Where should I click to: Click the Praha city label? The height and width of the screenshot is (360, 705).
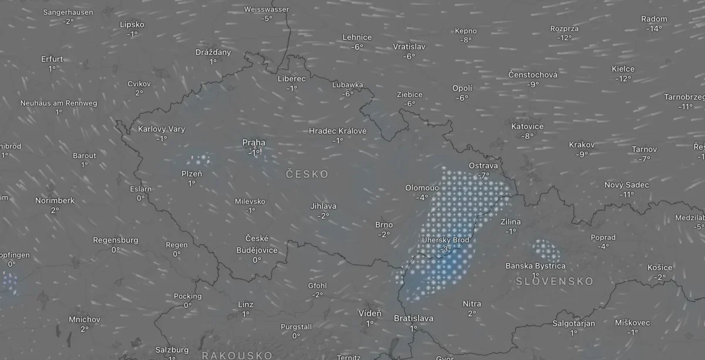(254, 142)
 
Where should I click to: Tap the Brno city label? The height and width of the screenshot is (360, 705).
(384, 225)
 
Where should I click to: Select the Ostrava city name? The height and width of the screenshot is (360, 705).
(484, 166)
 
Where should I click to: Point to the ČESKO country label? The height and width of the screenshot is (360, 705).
(307, 174)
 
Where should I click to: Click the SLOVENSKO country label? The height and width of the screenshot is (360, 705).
(555, 281)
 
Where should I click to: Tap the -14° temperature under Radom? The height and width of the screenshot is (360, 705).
(654, 28)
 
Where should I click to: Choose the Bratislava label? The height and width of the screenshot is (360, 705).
(414, 318)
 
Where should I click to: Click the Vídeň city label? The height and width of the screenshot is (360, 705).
(370, 314)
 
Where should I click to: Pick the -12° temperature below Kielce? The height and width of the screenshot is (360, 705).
(623, 79)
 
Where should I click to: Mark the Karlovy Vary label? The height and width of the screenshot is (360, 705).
(162, 129)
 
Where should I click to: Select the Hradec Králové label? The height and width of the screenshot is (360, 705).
(338, 131)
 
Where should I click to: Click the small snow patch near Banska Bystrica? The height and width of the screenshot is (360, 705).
(546, 250)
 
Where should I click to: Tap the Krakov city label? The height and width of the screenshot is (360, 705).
(582, 144)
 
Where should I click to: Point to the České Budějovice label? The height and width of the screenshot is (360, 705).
(257, 243)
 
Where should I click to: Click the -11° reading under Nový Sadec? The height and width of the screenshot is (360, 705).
(627, 194)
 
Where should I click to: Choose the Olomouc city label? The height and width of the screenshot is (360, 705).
(422, 188)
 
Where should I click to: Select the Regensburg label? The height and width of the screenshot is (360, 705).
(116, 240)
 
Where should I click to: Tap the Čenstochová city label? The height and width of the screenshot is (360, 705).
(533, 75)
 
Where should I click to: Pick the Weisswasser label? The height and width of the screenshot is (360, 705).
(267, 9)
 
